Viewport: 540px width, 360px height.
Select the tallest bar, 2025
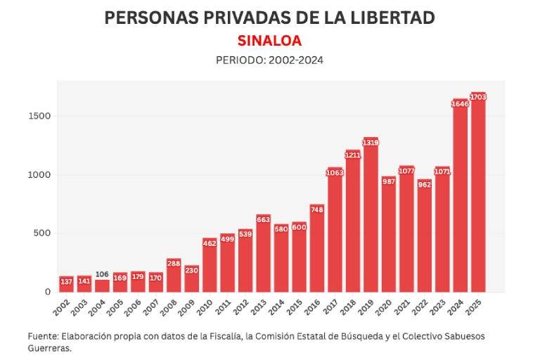click(478, 193)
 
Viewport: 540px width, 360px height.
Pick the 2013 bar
click(263, 255)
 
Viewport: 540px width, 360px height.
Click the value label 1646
click(460, 104)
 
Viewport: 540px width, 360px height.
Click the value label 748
click(316, 210)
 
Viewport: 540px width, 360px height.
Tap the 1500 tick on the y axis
click(39, 116)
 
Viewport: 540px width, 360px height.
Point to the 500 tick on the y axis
click(42, 233)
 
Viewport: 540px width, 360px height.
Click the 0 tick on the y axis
click(47, 292)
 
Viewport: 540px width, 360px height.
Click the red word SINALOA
click(269, 41)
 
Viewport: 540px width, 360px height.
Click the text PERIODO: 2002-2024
click(269, 60)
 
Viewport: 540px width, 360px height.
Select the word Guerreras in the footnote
click(49, 347)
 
